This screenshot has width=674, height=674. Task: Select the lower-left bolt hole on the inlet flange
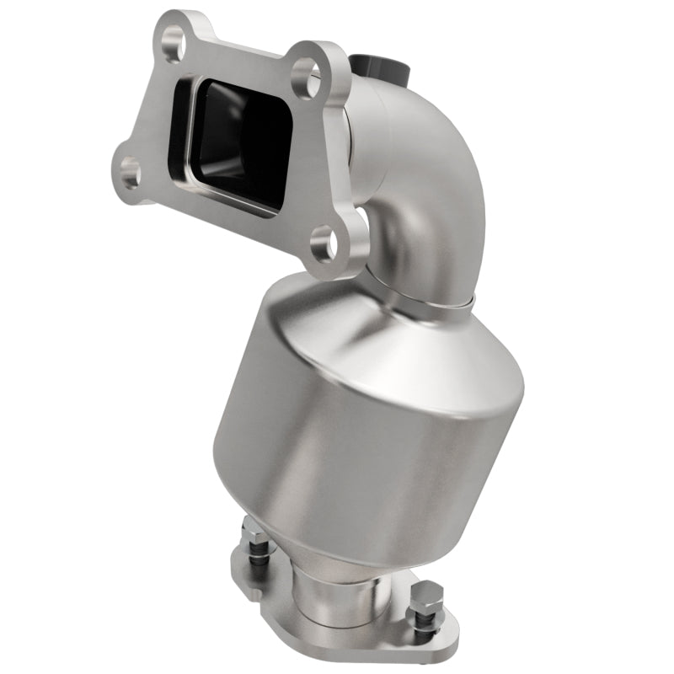[x=130, y=174]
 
